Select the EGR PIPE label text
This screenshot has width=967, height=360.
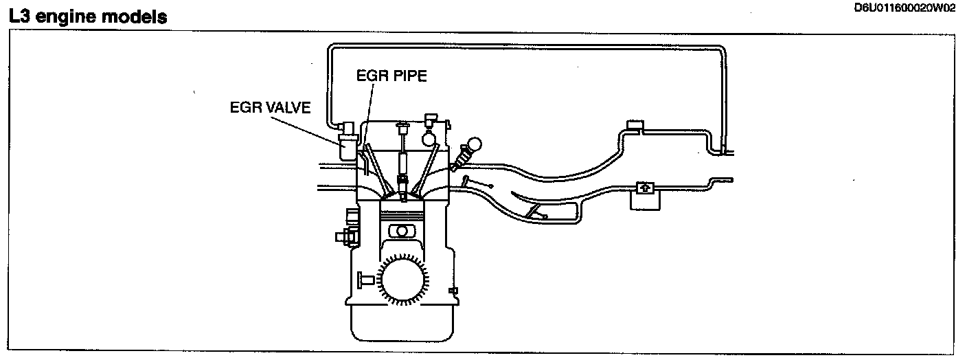click(391, 76)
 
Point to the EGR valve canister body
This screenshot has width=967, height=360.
click(348, 148)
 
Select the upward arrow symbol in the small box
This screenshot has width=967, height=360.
click(644, 187)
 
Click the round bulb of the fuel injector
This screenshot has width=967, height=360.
click(474, 146)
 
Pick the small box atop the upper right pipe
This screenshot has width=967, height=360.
click(633, 126)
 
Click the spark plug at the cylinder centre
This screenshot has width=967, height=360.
click(402, 165)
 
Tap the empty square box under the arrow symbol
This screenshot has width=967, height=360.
click(644, 201)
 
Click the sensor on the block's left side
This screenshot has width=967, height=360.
click(343, 236)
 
